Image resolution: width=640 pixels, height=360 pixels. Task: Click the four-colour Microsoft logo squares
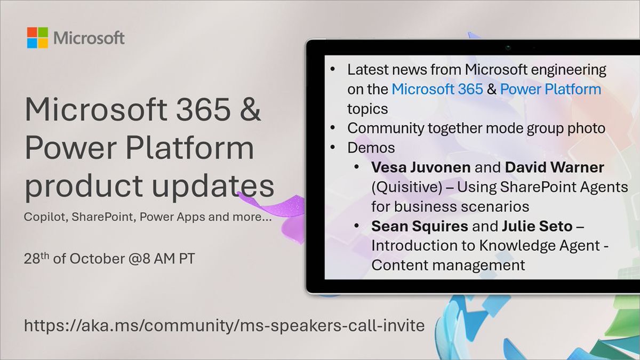(x=37, y=38)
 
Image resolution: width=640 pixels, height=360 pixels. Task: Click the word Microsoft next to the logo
(x=89, y=38)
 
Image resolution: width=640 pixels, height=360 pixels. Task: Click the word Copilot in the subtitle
(x=42, y=218)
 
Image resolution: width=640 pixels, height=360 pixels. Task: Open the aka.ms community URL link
(x=224, y=325)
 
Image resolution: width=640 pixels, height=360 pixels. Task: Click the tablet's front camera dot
(x=508, y=48)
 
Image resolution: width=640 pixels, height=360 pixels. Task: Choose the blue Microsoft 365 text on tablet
(x=437, y=89)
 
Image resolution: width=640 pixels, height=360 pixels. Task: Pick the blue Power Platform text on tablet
(x=550, y=89)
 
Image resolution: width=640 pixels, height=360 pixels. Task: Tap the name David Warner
(x=554, y=167)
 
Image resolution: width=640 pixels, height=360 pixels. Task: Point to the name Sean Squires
(x=420, y=226)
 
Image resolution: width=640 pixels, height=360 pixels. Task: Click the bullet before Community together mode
(x=333, y=129)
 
